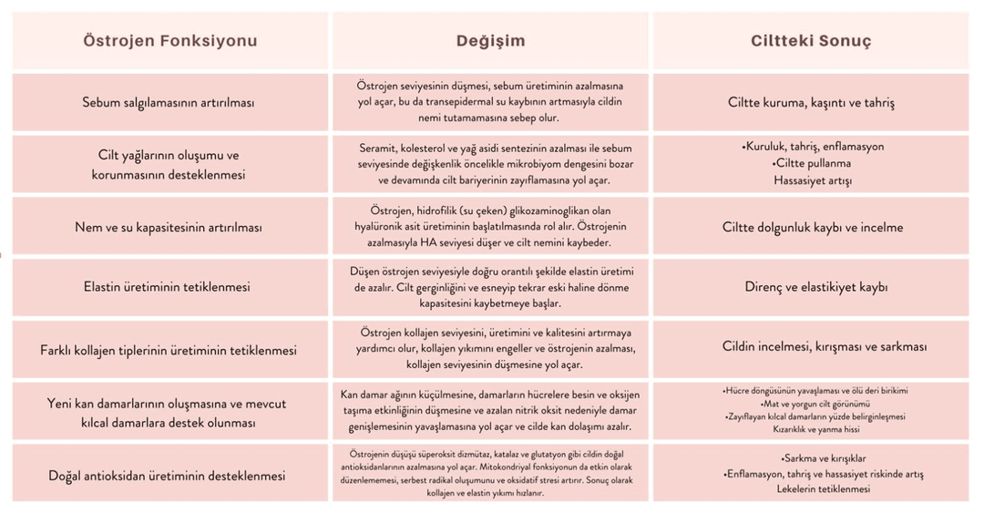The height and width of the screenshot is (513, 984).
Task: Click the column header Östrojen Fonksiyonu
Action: (x=169, y=41)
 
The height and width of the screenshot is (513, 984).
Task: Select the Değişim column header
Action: (x=490, y=41)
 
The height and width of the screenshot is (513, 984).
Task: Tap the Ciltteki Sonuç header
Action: (x=811, y=41)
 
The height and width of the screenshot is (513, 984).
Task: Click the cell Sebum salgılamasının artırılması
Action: (x=169, y=103)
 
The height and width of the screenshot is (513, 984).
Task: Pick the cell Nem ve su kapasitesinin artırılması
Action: (x=169, y=227)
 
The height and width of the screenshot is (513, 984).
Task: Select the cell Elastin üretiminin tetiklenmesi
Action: (x=169, y=287)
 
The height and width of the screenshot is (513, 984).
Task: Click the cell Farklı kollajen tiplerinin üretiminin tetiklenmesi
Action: (x=169, y=349)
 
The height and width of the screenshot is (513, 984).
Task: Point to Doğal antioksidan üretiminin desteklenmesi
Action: (x=169, y=475)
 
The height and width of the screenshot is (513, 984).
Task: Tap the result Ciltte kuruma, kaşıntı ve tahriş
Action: (x=811, y=103)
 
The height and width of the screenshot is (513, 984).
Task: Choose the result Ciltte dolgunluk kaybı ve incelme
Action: (x=811, y=227)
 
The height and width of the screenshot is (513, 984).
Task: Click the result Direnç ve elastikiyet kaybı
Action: (x=811, y=287)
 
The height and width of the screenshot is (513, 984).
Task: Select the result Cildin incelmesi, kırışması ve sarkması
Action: (x=811, y=347)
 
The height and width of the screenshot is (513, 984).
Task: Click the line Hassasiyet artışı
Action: (x=811, y=180)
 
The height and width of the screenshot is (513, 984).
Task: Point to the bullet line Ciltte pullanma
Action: (x=812, y=163)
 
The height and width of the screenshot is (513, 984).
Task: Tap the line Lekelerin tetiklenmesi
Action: (x=811, y=489)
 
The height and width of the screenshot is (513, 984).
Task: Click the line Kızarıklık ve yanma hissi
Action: (x=811, y=427)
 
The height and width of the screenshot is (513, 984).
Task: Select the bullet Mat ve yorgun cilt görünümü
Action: (x=811, y=403)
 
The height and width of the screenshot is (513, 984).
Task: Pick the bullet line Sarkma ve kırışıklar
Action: (x=812, y=458)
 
